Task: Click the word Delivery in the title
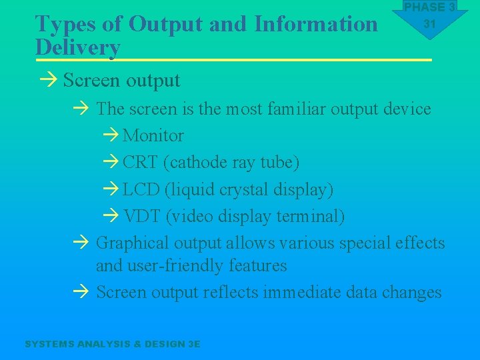tap(77, 48)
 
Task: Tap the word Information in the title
tap(315, 24)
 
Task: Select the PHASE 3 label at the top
tap(429, 7)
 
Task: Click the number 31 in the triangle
tap(429, 24)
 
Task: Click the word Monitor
tap(153, 135)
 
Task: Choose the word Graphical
tap(131, 243)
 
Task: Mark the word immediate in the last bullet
tap(304, 292)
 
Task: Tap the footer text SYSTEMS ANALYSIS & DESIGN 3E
tap(112, 344)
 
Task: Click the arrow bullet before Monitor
tap(111, 136)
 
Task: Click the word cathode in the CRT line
tap(195, 163)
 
